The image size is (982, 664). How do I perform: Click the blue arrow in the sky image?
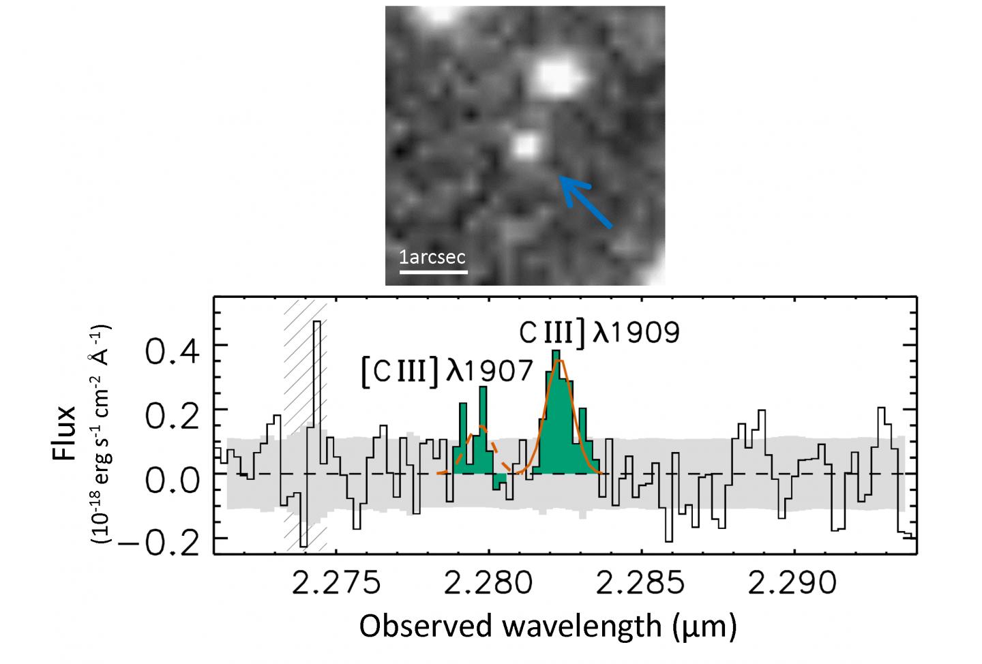586,201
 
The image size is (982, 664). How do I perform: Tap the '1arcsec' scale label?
432,257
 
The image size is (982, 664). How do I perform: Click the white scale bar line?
433,271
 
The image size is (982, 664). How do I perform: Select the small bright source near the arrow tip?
524,146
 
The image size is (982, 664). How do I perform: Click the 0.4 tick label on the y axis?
172,354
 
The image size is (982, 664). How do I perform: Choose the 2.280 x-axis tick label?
488,584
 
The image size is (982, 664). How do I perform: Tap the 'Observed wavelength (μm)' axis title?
548,626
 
